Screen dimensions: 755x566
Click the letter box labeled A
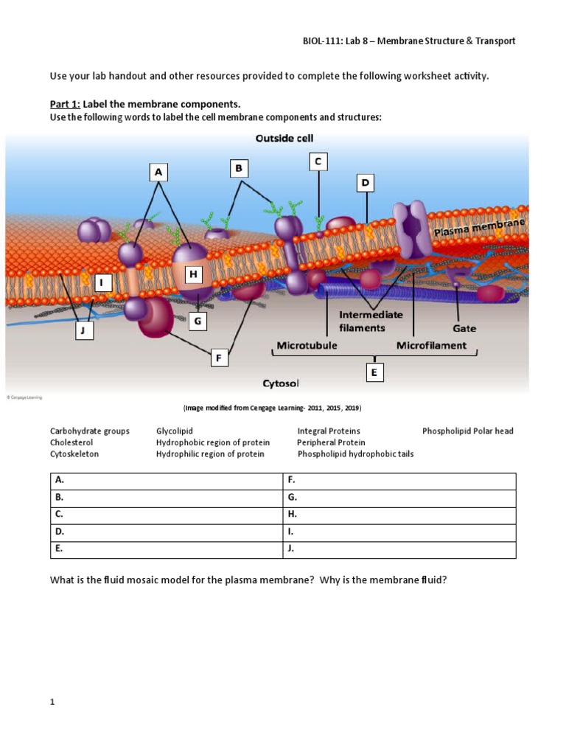coord(158,173)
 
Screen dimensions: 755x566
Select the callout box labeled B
coord(238,169)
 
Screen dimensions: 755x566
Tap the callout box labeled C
coord(318,161)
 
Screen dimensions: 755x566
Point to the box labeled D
coord(365,182)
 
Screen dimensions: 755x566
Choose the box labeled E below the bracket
coord(374,374)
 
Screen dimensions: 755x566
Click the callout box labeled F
coord(218,358)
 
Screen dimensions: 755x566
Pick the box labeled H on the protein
coord(194,275)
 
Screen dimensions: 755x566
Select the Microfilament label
coord(431,345)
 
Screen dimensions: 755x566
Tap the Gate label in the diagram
coord(464,328)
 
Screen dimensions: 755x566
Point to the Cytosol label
coord(280,383)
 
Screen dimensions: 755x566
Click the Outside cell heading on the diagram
coord(284,139)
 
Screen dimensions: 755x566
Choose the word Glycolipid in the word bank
coord(175,431)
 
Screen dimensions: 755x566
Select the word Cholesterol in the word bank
coord(72,442)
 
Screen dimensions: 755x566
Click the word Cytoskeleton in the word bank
coord(74,454)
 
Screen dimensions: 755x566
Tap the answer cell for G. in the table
coord(399,498)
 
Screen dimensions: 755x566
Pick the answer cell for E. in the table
coord(167,549)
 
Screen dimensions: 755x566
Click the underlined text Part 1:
coord(65,104)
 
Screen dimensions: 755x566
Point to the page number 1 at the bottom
coord(53,703)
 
